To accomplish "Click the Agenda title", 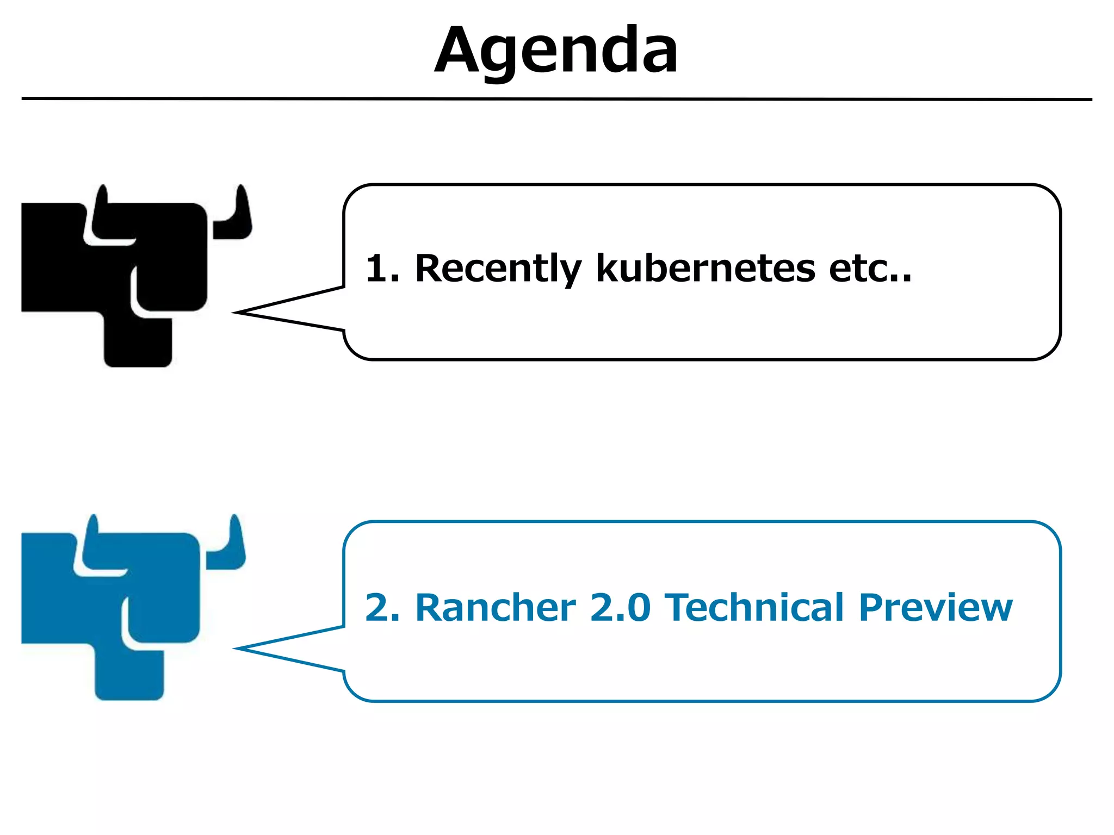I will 556,52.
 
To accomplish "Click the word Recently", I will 498,268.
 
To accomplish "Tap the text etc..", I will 869,268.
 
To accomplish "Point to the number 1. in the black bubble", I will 382,268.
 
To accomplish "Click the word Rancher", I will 495,607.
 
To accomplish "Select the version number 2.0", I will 620,607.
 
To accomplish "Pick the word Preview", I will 936,607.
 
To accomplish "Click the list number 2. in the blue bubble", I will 382,607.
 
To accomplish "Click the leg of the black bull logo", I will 138,342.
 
